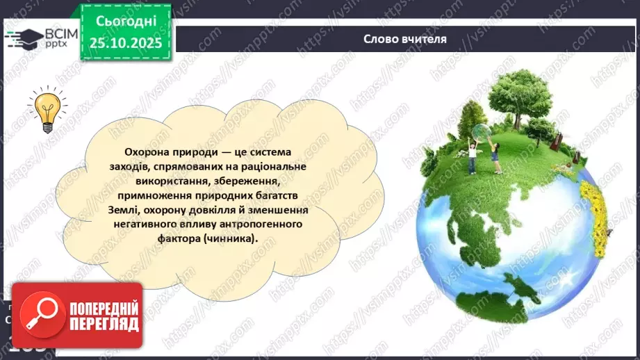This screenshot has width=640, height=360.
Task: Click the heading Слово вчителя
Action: tap(404, 38)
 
